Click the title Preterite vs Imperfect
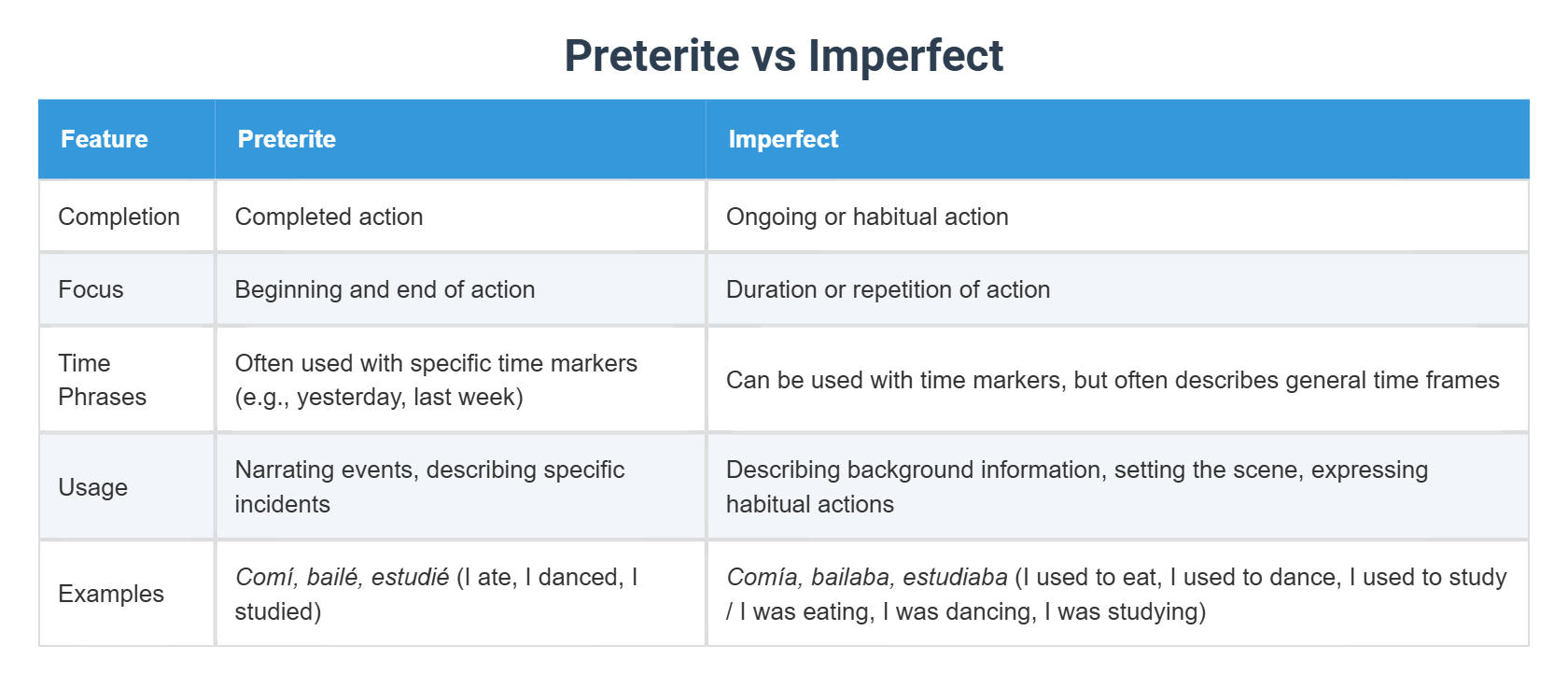783,55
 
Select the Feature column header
105,139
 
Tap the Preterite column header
287,139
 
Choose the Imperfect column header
783,139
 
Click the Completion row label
119,217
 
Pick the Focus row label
91,289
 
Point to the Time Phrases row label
102,380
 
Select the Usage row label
92,487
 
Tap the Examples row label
110,594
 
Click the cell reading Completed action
329,217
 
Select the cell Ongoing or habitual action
867,217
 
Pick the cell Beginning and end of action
385,289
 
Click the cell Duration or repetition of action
888,289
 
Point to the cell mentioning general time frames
1113,380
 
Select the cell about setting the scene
1076,486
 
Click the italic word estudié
410,577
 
